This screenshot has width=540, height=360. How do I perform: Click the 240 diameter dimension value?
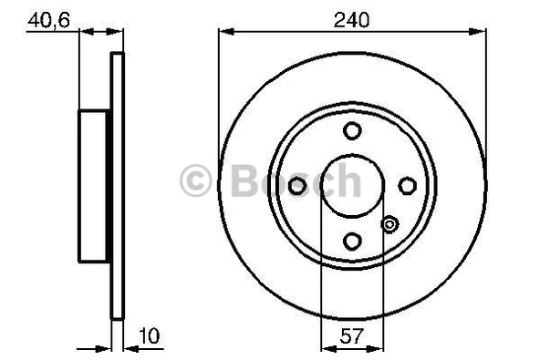coord(351,17)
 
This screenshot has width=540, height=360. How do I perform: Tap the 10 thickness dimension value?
coord(151,336)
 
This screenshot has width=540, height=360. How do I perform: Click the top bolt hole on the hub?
coord(352,131)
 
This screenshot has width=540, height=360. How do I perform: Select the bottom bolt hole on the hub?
coord(352,241)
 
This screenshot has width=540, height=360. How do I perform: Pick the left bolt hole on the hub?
coord(297,186)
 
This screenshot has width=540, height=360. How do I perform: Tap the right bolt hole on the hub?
coord(407,186)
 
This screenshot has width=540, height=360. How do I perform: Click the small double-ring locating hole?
coord(389,224)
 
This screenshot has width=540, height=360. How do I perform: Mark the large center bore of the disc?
coord(352,186)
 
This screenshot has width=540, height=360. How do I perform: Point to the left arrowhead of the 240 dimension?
coord(224,32)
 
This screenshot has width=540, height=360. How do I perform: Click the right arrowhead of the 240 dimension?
coord(480,32)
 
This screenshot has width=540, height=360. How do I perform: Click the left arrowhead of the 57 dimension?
coord(327,347)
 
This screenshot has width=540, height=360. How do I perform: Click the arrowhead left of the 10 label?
coord(129,347)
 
